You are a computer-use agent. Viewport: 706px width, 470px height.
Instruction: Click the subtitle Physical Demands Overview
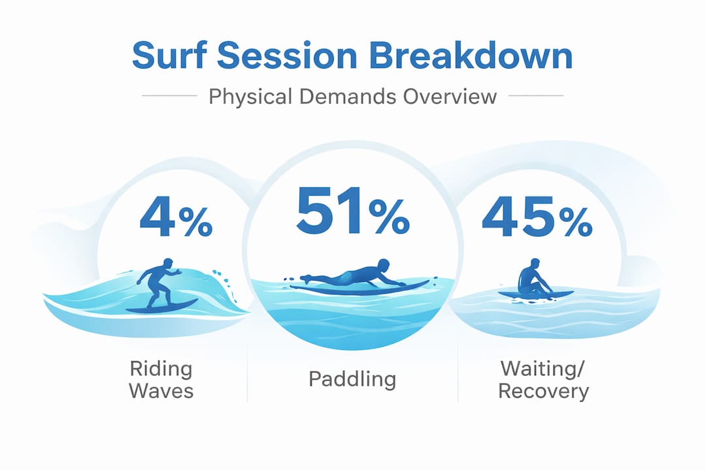click(x=352, y=97)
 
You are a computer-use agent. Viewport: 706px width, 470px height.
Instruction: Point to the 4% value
click(x=175, y=220)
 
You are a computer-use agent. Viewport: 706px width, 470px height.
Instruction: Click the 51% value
click(x=352, y=213)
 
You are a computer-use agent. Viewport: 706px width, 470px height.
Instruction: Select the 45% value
click(x=537, y=220)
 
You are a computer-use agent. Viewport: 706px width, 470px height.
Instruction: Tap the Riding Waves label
click(x=161, y=379)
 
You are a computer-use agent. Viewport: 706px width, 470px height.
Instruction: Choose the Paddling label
click(x=352, y=379)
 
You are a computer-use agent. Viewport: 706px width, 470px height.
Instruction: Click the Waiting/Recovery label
click(x=544, y=379)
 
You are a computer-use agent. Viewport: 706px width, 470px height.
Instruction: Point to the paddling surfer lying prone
click(x=353, y=275)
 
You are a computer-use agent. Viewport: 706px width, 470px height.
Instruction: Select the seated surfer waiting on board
click(x=531, y=279)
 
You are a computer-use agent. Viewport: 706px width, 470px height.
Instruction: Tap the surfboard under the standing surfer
click(x=161, y=305)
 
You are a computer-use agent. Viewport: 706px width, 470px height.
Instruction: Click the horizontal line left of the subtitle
click(x=169, y=97)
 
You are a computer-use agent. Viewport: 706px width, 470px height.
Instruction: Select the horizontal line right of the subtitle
click(x=536, y=97)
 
